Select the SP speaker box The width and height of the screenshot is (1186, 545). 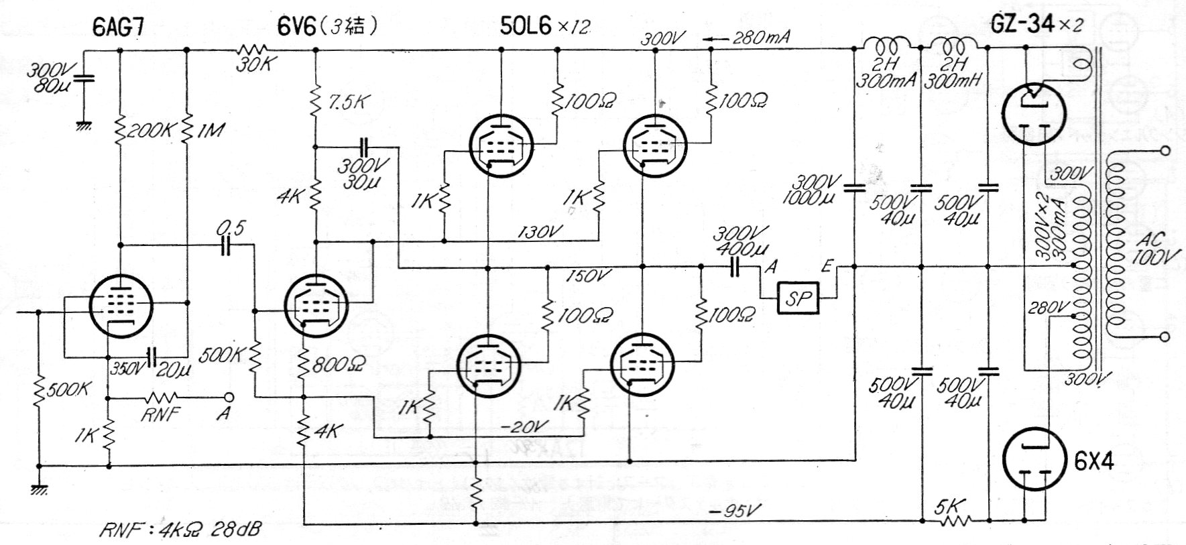point(798,298)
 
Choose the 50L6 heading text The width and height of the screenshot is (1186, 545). point(527,27)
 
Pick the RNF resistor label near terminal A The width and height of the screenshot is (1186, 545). point(161,414)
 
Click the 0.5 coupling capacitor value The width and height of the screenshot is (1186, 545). point(230,229)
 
